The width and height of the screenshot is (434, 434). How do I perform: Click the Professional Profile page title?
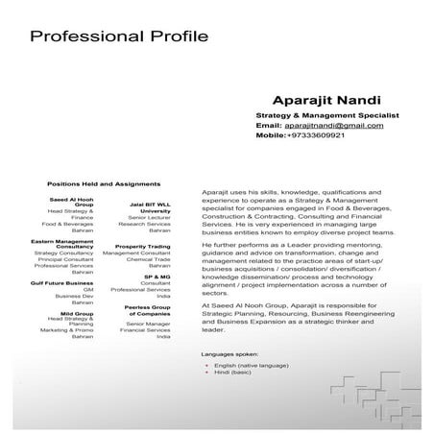119,37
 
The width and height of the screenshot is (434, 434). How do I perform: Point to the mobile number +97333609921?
315,135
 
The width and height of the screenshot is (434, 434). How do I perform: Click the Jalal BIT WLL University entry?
149,208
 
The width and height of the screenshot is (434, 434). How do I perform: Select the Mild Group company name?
76,313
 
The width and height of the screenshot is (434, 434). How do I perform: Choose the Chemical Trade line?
149,259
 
